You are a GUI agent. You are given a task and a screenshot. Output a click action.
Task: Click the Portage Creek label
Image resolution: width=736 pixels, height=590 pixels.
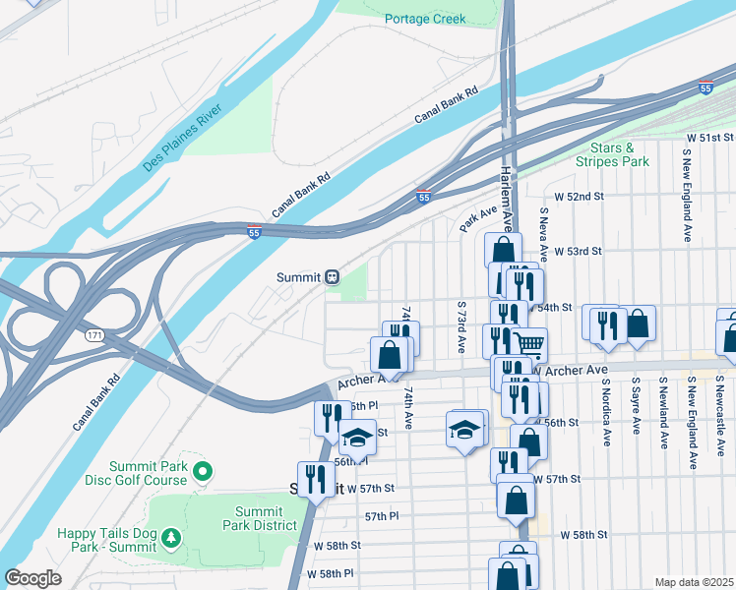[425, 19]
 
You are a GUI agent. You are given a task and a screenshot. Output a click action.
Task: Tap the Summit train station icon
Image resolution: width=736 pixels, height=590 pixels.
[333, 277]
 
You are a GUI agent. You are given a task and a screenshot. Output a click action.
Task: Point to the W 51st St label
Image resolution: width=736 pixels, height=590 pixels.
[710, 136]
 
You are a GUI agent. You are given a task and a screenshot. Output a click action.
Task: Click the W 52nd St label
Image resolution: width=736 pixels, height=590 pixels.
[579, 197]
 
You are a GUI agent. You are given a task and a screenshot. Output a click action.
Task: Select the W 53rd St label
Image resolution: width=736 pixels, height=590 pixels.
[577, 252]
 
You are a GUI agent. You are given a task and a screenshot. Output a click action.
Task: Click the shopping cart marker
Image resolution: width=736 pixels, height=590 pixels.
[529, 344]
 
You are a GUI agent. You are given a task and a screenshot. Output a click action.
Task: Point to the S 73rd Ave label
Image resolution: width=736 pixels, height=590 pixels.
[460, 328]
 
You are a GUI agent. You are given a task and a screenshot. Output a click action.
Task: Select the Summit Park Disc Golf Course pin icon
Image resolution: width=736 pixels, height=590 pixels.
[204, 472]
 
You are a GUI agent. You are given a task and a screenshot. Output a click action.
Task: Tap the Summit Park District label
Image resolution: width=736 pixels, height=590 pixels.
[259, 518]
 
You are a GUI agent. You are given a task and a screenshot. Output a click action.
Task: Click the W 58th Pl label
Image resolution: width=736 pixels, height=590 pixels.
[330, 573]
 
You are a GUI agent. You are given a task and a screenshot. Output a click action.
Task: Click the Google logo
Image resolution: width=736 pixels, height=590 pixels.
[33, 577]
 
